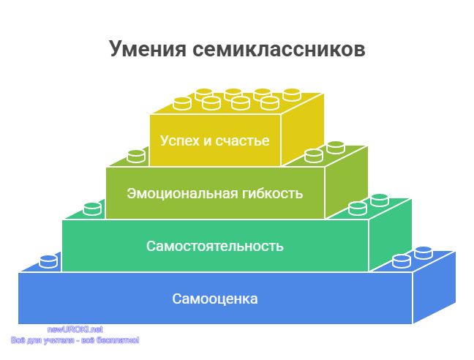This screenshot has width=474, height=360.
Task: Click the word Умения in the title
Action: (x=148, y=49)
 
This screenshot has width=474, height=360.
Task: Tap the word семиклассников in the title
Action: (x=279, y=49)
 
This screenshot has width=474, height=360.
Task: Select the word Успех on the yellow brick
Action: (x=180, y=141)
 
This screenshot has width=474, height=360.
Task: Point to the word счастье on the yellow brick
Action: (x=242, y=141)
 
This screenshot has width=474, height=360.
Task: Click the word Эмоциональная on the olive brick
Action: (x=182, y=193)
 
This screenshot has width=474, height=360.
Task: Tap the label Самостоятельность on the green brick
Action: (x=215, y=246)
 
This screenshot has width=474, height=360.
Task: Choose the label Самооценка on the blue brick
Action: (x=215, y=299)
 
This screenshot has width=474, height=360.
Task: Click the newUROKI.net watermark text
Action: (x=75, y=329)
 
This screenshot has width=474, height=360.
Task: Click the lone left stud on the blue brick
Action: (x=48, y=262)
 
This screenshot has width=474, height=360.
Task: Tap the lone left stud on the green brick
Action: (x=92, y=209)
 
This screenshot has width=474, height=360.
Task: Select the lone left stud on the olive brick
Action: (x=136, y=157)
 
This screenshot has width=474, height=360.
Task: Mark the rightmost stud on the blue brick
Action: (x=424, y=253)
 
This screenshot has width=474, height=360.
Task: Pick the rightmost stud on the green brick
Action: (x=380, y=200)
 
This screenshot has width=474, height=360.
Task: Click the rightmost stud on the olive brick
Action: (x=336, y=148)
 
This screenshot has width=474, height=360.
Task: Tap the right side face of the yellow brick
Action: (x=303, y=130)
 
